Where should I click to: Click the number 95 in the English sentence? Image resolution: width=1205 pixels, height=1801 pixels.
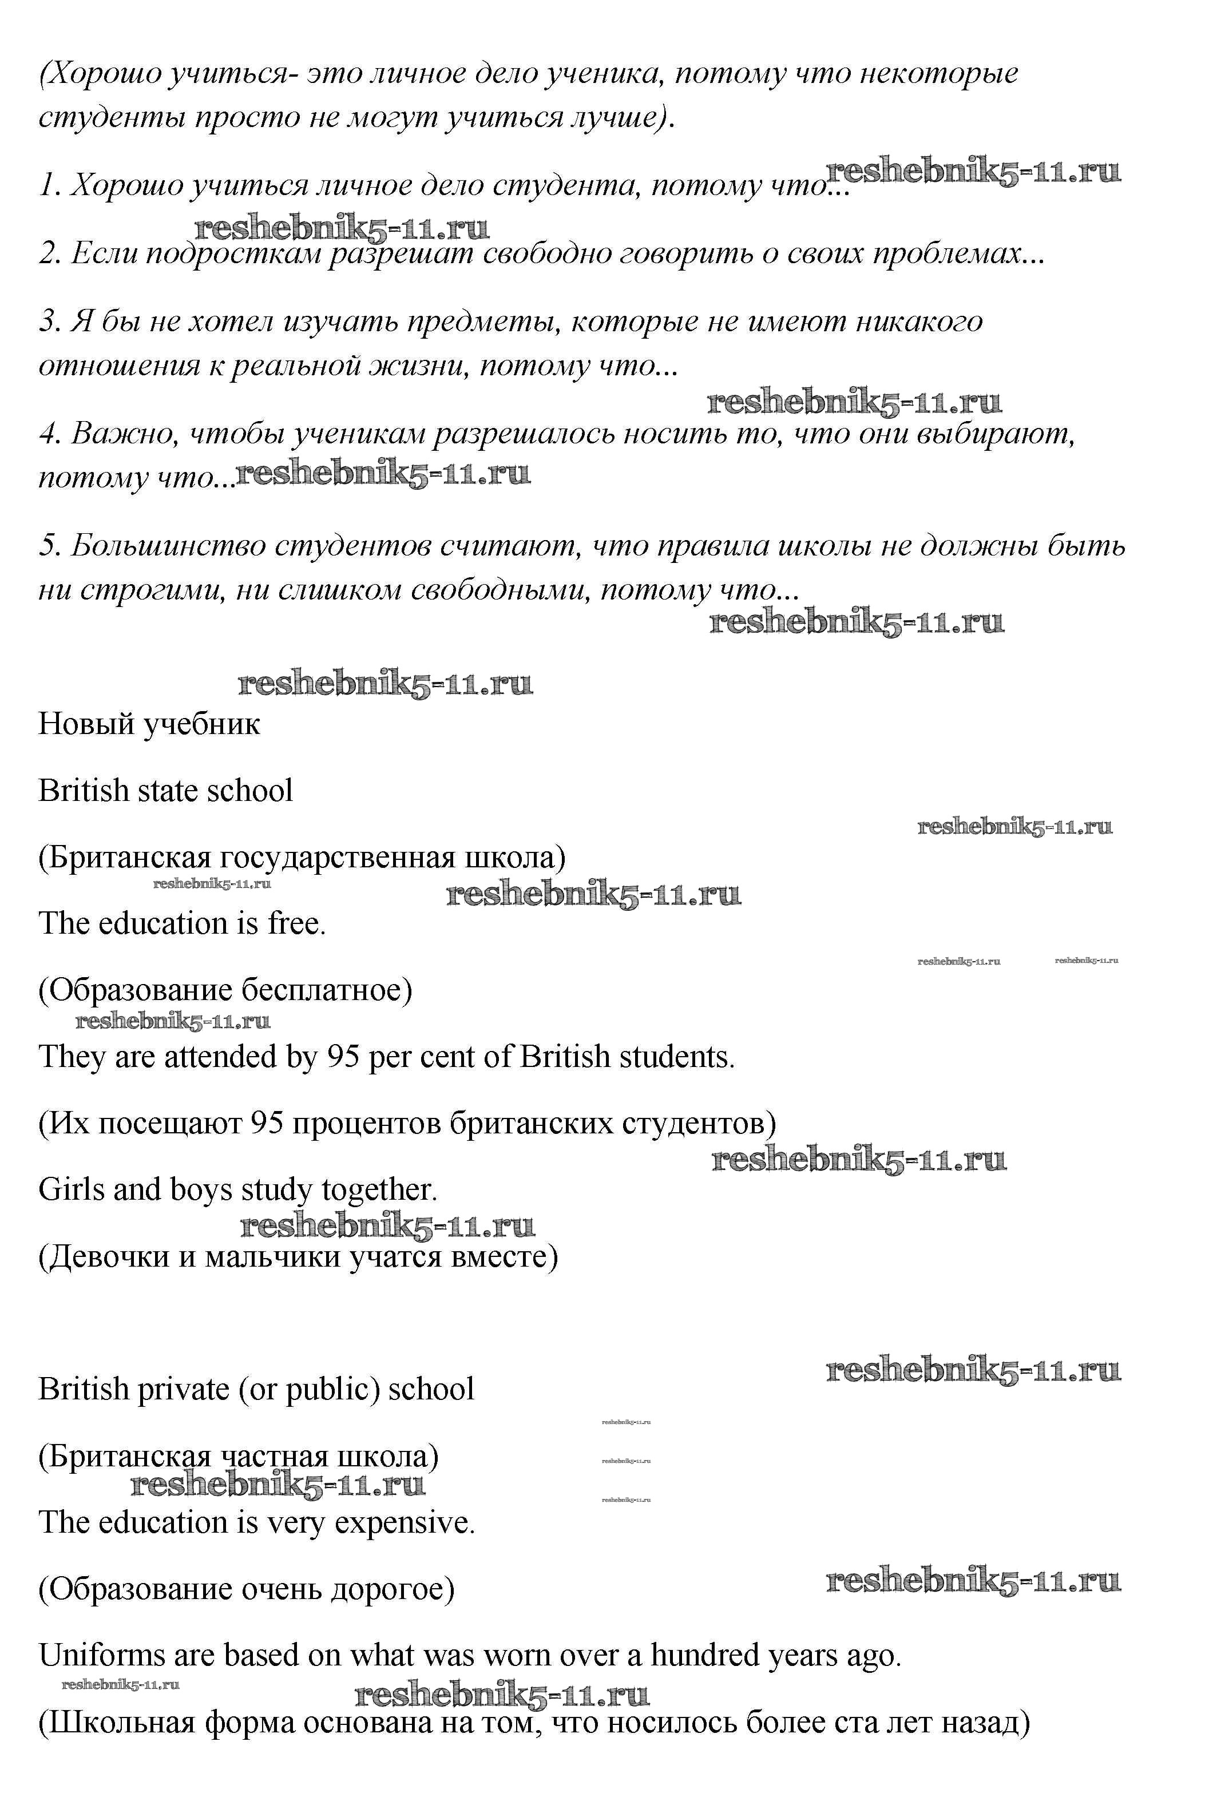tap(343, 1057)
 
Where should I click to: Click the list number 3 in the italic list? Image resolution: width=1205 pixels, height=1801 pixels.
tap(47, 321)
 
